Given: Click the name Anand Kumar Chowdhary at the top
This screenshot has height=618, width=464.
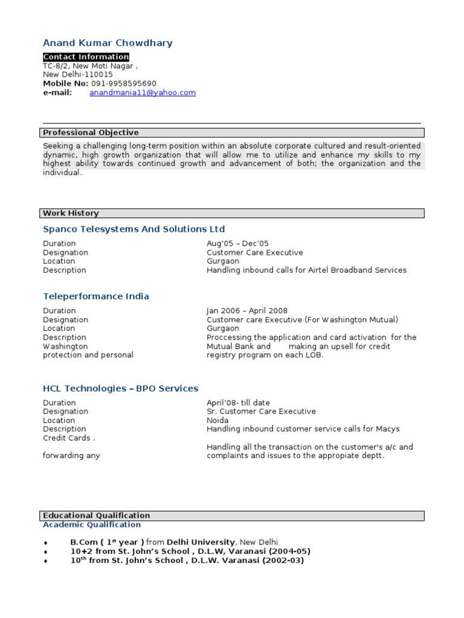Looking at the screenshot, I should (108, 43).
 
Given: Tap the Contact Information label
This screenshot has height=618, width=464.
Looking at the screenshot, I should (86, 57).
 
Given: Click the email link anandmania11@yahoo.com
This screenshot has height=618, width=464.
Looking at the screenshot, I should (143, 92).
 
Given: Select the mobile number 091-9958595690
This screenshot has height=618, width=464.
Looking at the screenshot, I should (124, 83).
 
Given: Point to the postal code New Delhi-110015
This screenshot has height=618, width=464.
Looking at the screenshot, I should (78, 74).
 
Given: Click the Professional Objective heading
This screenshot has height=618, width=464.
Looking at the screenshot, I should (91, 132).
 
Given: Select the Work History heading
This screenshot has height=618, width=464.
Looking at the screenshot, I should (71, 213).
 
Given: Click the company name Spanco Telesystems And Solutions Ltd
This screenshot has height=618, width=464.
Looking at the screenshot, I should (134, 229).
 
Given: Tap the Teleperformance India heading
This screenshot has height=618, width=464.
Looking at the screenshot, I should (96, 296).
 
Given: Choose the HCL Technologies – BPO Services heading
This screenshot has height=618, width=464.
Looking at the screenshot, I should (121, 388).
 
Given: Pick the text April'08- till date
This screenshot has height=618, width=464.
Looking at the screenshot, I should (238, 403).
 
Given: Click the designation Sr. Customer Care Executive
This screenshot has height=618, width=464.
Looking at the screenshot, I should (261, 411).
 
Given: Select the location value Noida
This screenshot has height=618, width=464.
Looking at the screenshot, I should (217, 420).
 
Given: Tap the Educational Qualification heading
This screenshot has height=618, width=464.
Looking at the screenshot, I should (97, 515).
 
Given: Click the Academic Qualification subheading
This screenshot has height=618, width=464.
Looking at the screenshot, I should (92, 524).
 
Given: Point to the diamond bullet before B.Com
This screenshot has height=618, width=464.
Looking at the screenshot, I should (46, 543).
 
